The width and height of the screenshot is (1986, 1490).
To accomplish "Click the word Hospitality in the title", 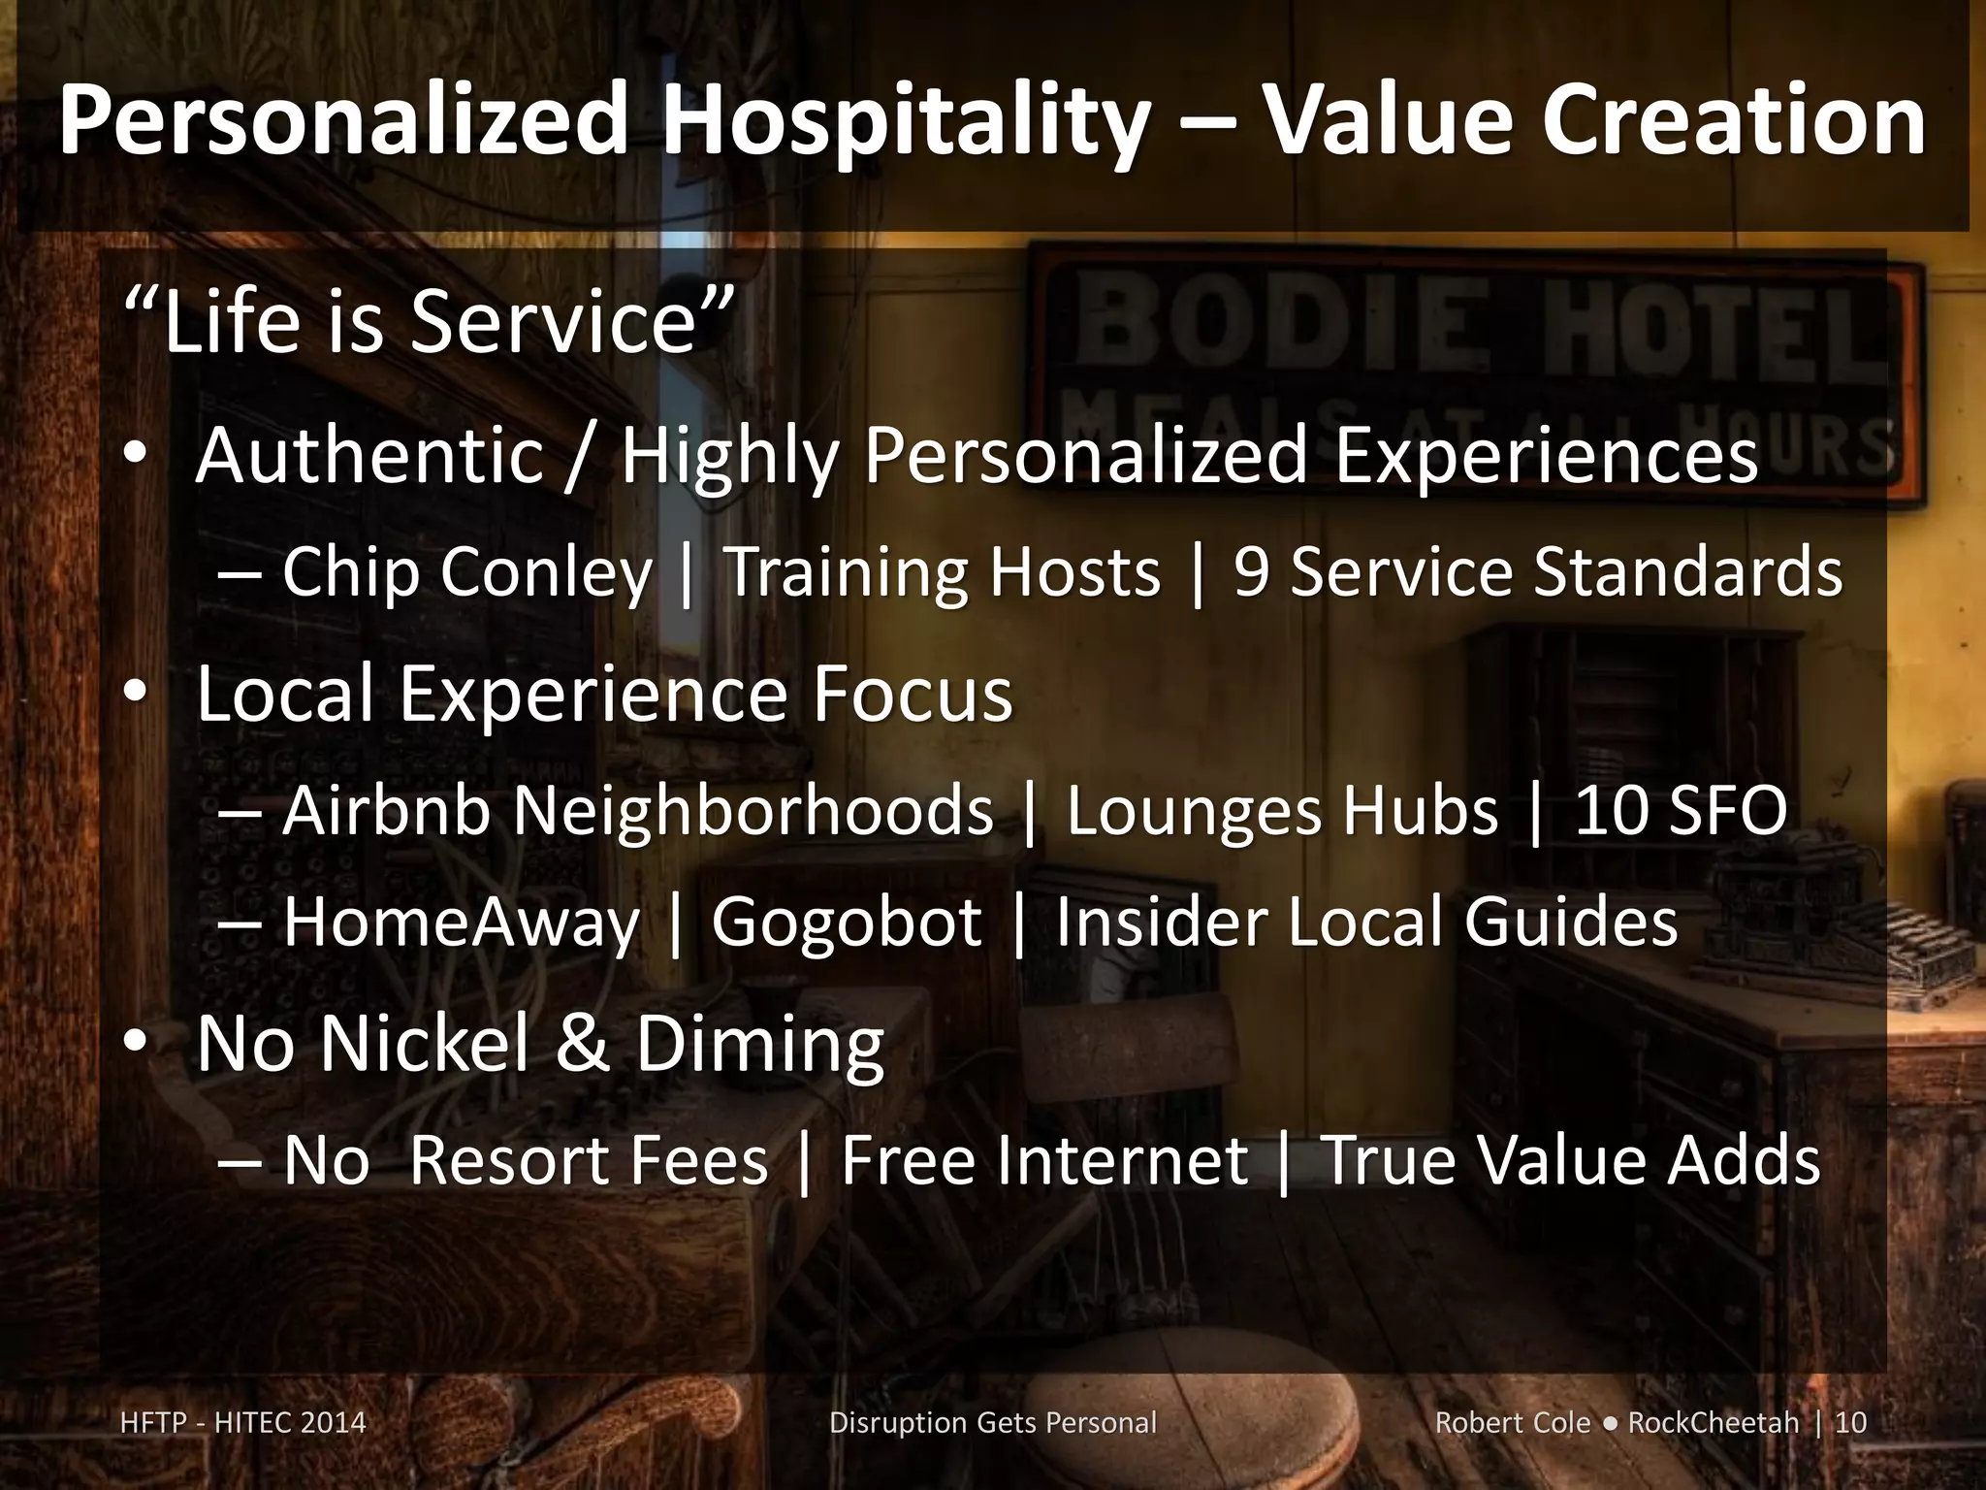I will [902, 121].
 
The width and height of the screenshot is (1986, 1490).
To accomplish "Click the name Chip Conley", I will [466, 572].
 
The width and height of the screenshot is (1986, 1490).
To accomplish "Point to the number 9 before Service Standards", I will [1251, 572].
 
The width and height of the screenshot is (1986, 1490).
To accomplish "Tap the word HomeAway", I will [462, 922].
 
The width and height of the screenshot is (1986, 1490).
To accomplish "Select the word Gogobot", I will [846, 922].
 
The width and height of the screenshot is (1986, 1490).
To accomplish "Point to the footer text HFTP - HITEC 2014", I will [243, 1423].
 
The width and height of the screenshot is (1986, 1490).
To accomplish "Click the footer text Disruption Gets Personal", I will [993, 1423].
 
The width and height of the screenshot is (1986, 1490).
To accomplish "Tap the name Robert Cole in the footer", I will [1512, 1423].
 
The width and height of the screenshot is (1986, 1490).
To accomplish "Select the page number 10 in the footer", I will [1851, 1423].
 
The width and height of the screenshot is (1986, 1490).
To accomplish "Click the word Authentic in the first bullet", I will [369, 455].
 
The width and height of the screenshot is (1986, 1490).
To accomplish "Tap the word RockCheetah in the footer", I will [1713, 1423].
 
